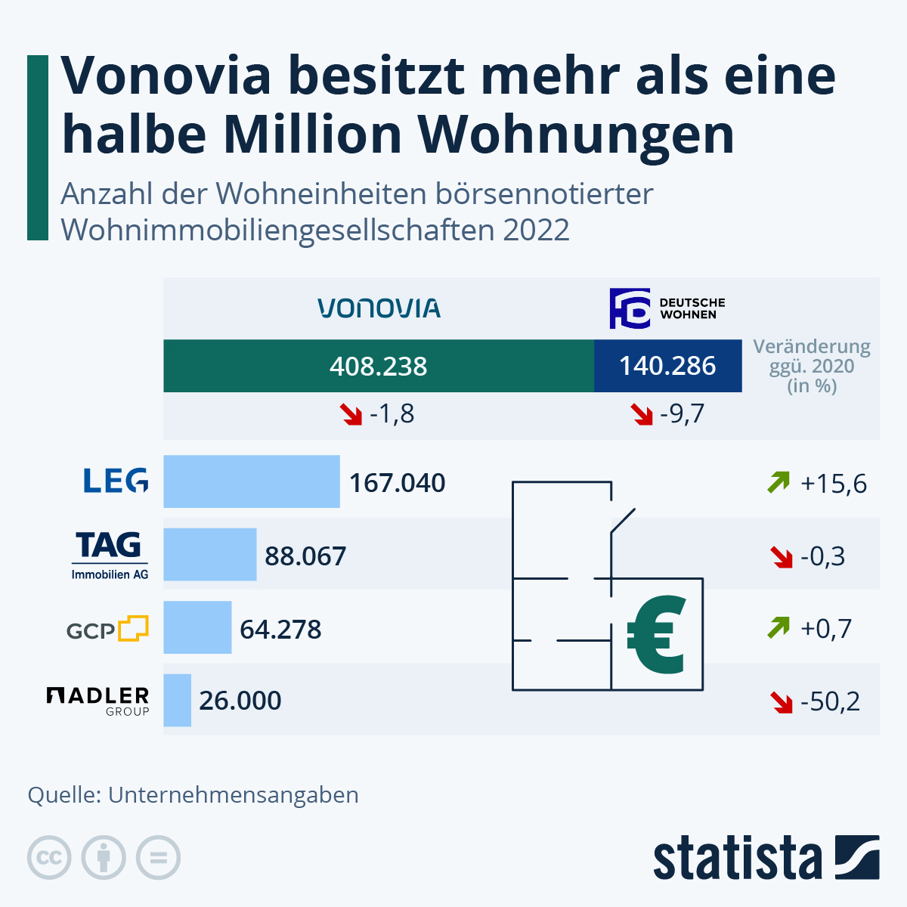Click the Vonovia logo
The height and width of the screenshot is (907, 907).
(x=379, y=308)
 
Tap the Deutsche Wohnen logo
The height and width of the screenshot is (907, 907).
(x=667, y=308)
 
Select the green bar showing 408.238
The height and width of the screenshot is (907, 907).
(x=379, y=367)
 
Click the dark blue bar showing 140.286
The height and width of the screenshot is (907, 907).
(x=667, y=367)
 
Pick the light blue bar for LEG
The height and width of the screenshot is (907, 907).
(x=251, y=481)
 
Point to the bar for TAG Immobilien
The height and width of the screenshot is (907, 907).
(x=209, y=555)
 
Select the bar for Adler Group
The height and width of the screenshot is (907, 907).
(x=177, y=701)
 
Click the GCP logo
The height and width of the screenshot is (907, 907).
(x=107, y=629)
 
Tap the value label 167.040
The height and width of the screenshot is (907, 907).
(x=397, y=483)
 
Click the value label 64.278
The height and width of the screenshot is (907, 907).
(x=280, y=630)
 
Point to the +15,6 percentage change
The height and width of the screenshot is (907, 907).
(x=833, y=484)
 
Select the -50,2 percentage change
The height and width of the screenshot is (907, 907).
(x=830, y=702)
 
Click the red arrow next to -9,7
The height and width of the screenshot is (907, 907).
(x=642, y=414)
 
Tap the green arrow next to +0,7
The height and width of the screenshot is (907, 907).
(x=778, y=627)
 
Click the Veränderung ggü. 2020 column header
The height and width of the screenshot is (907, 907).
(x=812, y=367)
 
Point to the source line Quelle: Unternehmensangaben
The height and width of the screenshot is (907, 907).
(x=193, y=795)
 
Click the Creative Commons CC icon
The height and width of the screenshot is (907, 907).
(x=49, y=858)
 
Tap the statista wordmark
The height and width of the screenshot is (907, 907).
(x=737, y=859)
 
